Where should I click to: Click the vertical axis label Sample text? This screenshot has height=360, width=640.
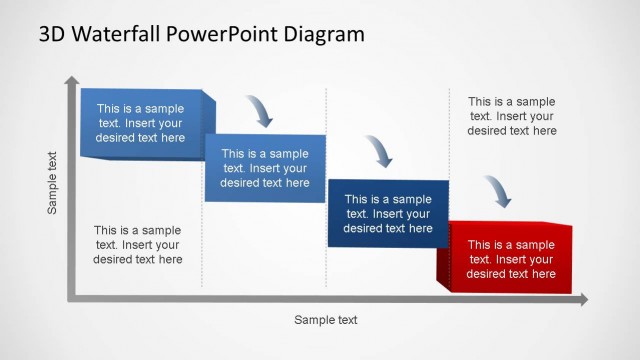click(x=53, y=182)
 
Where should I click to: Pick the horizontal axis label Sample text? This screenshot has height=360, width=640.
click(x=325, y=320)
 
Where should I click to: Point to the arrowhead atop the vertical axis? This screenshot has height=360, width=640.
click(x=71, y=80)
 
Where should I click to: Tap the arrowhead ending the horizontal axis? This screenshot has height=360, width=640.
click(x=583, y=298)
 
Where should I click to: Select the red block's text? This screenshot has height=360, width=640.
click(x=511, y=259)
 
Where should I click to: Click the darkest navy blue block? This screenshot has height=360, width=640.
click(x=388, y=214)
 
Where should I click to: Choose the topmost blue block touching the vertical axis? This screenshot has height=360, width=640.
click(x=140, y=124)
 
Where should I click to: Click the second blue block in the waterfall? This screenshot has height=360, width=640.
click(x=265, y=168)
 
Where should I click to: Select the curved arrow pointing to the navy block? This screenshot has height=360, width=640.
click(x=379, y=150)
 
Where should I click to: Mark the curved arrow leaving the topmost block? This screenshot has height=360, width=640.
click(x=259, y=110)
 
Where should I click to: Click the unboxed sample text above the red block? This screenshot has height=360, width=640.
click(x=511, y=116)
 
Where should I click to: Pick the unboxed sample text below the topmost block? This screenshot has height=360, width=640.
click(x=138, y=245)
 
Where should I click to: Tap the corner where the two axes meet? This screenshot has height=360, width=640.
click(x=71, y=297)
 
